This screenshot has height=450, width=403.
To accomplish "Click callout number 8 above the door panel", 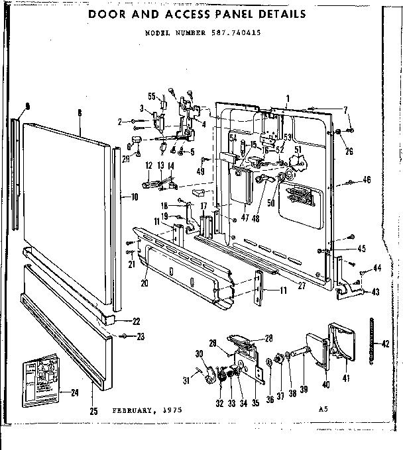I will coord(79,113).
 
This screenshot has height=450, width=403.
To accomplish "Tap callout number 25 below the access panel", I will coord(93,411).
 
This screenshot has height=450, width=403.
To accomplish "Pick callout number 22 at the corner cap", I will coord(137,322).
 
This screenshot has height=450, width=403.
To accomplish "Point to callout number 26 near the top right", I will coord(349,151).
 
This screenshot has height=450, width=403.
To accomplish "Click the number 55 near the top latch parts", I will coord(152,96).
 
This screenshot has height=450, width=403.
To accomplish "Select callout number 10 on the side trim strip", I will coord(135,197).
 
